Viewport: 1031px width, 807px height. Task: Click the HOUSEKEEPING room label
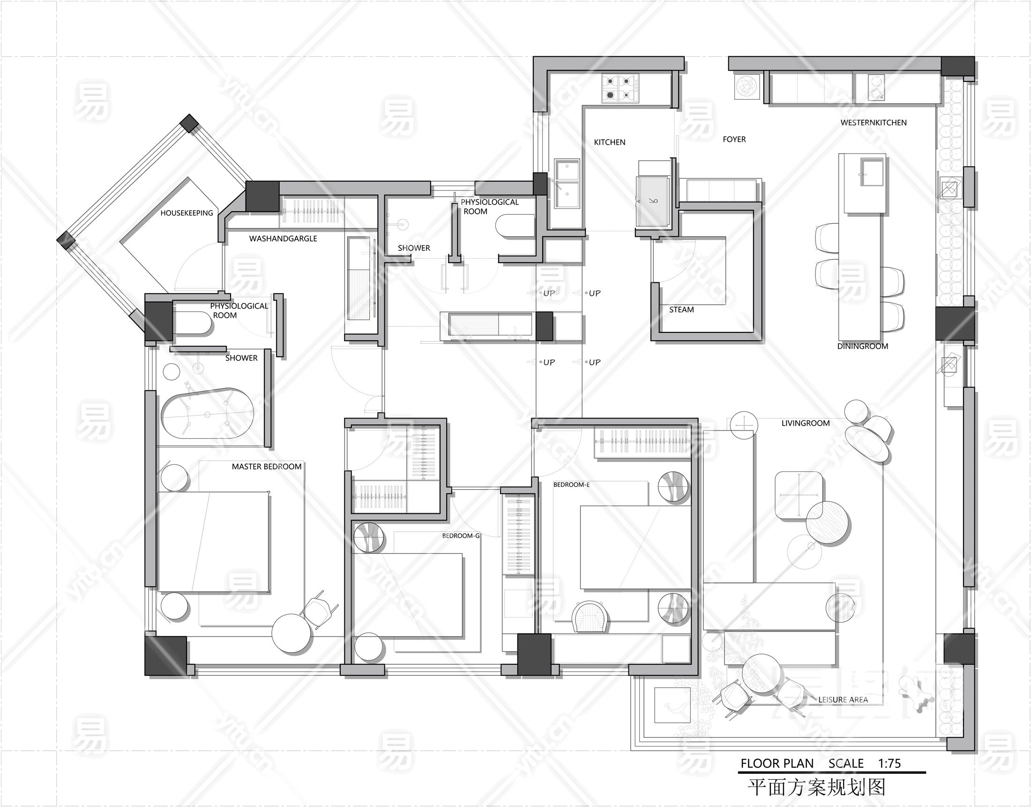187,213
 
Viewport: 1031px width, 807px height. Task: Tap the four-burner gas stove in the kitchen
620,88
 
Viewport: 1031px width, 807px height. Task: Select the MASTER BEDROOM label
267,466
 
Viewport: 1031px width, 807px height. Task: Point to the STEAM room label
681,309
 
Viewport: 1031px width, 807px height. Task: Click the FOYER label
734,139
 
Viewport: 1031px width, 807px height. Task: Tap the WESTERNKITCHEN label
874,122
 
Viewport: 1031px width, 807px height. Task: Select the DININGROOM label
863,346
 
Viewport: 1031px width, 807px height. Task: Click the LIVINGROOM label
806,423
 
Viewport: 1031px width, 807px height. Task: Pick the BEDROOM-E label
571,484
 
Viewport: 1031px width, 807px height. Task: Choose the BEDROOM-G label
461,536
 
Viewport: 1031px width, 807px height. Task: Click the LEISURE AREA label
843,700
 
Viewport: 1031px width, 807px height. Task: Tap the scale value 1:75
889,763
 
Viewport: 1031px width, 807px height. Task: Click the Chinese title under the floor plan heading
816,787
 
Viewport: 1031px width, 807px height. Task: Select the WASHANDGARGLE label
283,239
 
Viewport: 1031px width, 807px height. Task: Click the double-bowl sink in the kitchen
567,183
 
